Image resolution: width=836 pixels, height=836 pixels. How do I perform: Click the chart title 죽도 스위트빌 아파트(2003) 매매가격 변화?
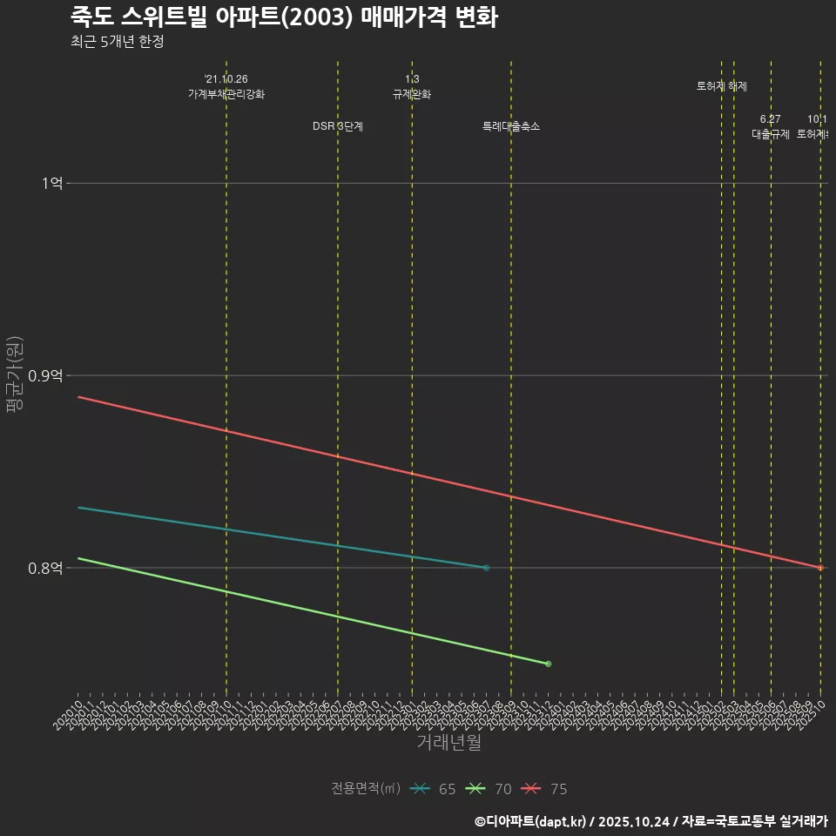click(x=284, y=17)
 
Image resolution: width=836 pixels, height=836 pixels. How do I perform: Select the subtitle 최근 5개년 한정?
click(x=117, y=42)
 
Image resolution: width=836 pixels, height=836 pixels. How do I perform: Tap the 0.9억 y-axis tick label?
click(x=45, y=376)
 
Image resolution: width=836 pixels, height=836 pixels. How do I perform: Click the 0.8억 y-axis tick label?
click(x=45, y=569)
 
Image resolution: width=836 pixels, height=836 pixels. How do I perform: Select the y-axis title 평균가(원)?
click(x=13, y=374)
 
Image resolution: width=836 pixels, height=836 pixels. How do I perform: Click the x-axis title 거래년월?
click(x=448, y=743)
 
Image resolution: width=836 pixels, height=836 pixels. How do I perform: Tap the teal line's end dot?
click(x=486, y=568)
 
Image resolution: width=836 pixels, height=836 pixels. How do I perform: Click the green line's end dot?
click(x=548, y=664)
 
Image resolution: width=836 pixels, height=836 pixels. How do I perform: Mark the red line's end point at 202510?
click(x=820, y=568)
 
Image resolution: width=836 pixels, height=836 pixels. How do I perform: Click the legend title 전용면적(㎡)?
click(x=366, y=789)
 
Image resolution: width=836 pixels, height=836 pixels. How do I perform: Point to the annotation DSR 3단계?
click(x=338, y=126)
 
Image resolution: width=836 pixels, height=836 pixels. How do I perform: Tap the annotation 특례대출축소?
click(x=511, y=126)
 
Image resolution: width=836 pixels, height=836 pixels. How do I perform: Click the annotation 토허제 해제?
click(x=722, y=86)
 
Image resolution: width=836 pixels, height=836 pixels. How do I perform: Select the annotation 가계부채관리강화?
click(x=226, y=94)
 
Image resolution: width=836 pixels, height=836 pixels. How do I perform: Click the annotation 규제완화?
click(x=412, y=94)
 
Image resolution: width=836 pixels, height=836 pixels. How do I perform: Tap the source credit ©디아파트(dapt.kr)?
click(x=531, y=821)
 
